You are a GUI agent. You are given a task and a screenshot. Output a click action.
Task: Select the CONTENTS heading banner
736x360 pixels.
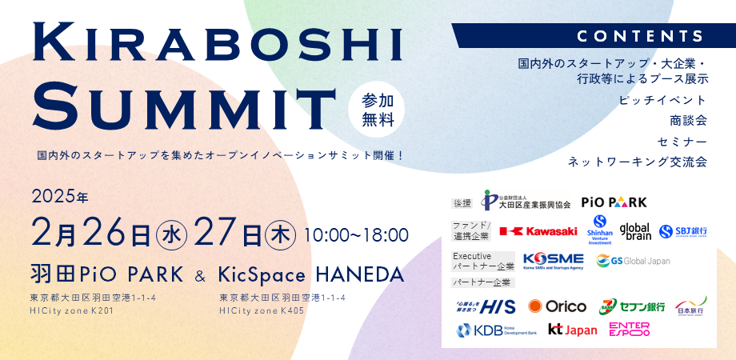click(640, 36)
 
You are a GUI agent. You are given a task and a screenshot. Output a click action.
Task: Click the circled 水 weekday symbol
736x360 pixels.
click(171, 235)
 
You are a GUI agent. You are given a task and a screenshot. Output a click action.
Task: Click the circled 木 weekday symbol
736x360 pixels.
click(279, 235)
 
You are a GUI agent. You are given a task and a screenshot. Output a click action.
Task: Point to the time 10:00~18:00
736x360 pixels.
click(357, 235)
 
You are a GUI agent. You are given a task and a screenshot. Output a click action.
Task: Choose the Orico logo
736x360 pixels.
click(559, 306)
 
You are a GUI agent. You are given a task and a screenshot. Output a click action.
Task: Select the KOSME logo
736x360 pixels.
click(553, 261)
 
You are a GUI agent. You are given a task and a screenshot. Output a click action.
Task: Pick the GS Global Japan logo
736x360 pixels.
click(633, 261)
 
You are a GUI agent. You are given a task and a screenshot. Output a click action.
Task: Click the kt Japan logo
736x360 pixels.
click(572, 329)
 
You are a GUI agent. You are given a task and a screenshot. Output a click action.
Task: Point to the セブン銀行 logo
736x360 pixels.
click(633, 306)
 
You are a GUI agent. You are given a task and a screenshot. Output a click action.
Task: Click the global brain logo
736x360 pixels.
click(635, 230)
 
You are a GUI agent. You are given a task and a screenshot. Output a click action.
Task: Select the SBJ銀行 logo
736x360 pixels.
click(683, 231)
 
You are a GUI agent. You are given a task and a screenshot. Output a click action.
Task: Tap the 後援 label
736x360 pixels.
click(463, 203)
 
